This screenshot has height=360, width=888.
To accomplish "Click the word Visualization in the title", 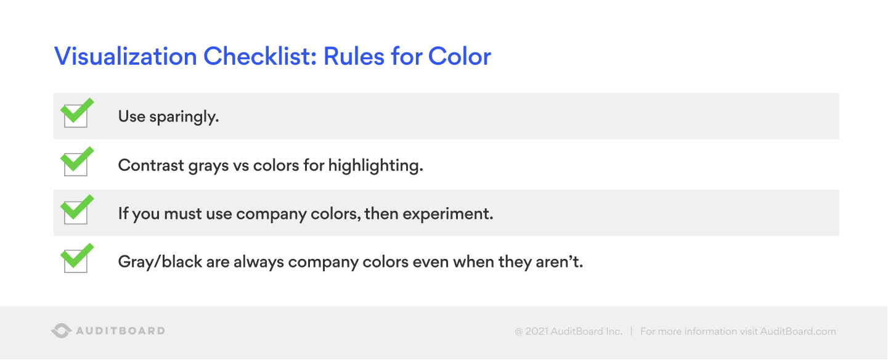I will pyautogui.click(x=125, y=57).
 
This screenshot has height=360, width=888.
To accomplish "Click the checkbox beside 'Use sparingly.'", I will pyautogui.click(x=76, y=115).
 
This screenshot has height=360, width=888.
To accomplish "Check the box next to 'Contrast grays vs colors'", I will pyautogui.click(x=76, y=164).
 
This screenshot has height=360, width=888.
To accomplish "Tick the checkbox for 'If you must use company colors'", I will pyautogui.click(x=76, y=212).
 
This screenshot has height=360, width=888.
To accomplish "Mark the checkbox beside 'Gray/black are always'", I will pyautogui.click(x=76, y=261).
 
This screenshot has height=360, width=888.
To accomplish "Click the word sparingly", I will pyautogui.click(x=185, y=117).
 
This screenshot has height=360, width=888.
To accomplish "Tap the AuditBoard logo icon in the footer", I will pyautogui.click(x=60, y=331).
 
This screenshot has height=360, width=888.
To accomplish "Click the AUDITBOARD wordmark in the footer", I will pyautogui.click(x=120, y=331).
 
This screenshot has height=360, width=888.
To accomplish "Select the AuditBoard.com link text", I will pyautogui.click(x=798, y=332).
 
